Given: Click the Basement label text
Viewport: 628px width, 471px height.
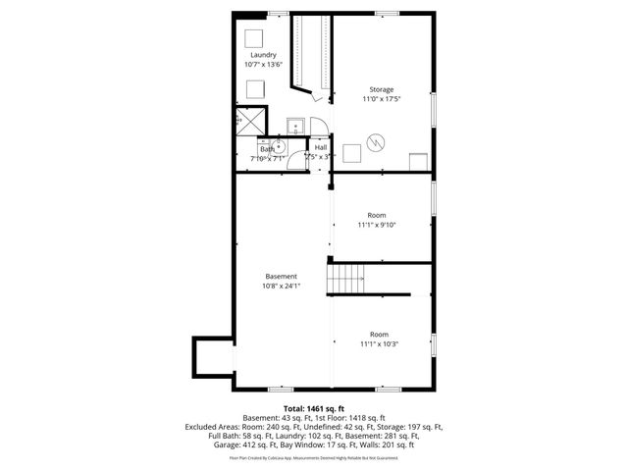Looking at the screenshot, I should (x=281, y=277).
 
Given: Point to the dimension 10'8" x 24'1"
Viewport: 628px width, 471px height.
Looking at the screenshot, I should (x=281, y=287).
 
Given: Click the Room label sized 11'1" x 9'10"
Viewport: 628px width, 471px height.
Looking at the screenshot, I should (x=377, y=215).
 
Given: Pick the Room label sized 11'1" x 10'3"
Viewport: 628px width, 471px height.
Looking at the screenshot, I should (x=378, y=334).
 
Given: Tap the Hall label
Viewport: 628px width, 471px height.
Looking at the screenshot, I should (x=321, y=147).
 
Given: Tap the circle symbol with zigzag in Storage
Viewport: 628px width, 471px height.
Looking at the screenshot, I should (x=374, y=143).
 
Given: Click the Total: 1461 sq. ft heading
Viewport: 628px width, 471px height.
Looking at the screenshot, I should (x=313, y=408).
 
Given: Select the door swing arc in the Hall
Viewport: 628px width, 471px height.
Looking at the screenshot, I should (x=318, y=125).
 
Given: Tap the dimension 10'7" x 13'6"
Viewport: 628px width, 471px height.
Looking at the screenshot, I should (x=263, y=65).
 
